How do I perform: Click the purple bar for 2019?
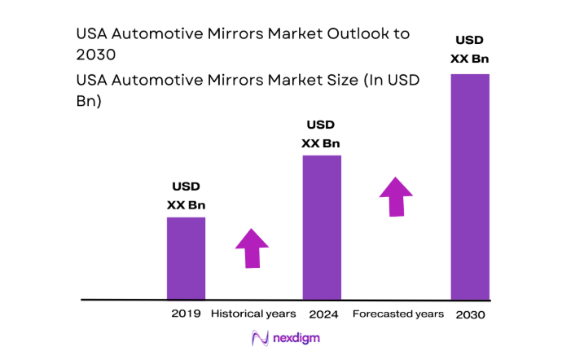tap(186, 258)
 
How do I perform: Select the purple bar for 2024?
tap(322, 227)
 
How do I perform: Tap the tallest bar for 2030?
tap(470, 187)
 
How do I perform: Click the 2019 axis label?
tap(185, 314)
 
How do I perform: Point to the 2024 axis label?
tap(323, 314)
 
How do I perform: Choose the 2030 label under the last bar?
tap(471, 314)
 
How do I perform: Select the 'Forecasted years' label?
tap(397, 314)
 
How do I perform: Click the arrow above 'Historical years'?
tap(252, 248)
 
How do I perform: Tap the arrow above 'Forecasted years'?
tap(396, 195)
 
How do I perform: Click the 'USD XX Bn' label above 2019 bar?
tap(186, 195)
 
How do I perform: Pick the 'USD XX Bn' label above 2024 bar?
tap(321, 134)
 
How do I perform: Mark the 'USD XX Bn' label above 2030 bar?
tap(470, 49)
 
